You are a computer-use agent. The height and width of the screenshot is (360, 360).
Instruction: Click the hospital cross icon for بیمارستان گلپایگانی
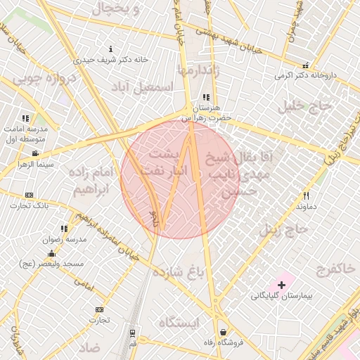click(282, 285)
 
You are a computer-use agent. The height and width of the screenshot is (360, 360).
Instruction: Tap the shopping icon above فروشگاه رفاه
click(223, 332)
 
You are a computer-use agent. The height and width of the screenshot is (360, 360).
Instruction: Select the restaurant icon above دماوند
click(306, 196)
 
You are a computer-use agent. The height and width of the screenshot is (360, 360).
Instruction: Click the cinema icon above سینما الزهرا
click(35, 153)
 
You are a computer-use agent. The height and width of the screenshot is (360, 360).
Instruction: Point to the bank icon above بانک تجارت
click(29, 195)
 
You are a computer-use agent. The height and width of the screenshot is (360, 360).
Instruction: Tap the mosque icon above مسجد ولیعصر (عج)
click(51, 253)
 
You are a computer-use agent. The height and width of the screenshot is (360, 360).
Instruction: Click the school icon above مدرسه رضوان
click(64, 229)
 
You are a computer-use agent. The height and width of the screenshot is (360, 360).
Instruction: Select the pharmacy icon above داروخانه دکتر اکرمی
click(307, 65)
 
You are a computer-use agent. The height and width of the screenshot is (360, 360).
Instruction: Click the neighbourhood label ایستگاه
click(179, 322)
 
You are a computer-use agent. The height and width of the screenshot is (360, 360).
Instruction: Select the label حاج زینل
click(284, 229)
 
